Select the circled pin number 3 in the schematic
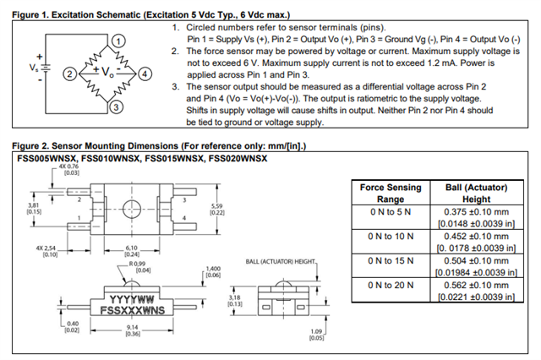click(x=117, y=106)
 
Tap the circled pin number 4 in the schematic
click(x=145, y=74)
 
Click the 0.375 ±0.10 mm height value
click(x=477, y=211)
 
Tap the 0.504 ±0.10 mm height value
click(x=477, y=261)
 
